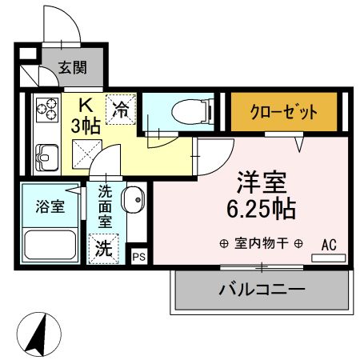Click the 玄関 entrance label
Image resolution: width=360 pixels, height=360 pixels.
(72, 69)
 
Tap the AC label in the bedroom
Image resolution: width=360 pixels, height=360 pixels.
(330, 245)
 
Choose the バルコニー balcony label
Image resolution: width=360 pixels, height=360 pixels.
(262, 289)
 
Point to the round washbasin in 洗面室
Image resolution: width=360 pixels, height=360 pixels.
(133, 197)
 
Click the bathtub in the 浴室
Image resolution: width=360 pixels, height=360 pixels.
(50, 243)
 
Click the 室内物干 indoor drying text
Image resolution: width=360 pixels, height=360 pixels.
(262, 244)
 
